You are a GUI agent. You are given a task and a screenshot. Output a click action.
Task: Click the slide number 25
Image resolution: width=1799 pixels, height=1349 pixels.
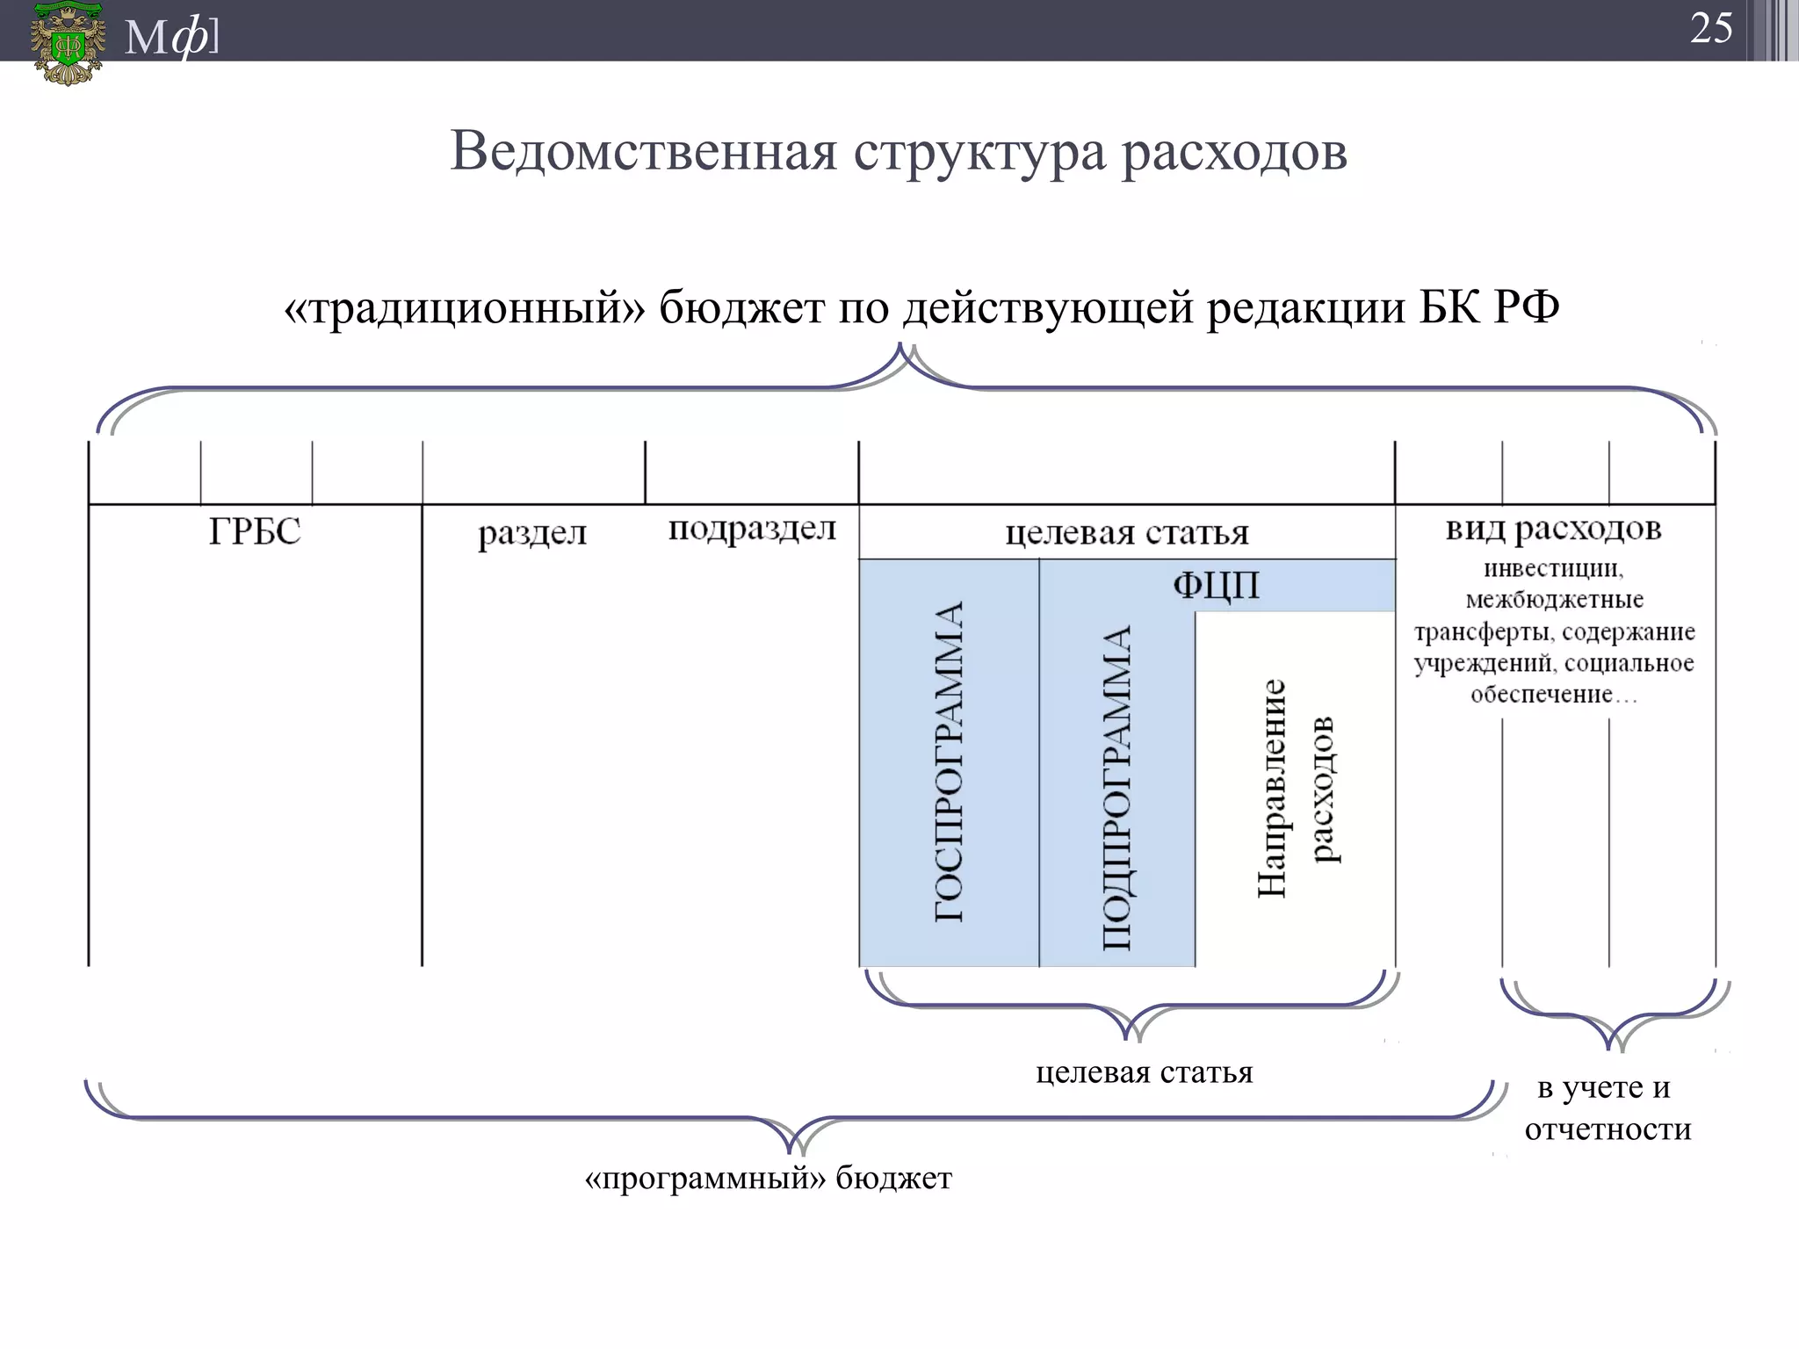[1710, 29]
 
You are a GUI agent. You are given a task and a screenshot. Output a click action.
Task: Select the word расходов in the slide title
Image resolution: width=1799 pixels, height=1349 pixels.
[1234, 151]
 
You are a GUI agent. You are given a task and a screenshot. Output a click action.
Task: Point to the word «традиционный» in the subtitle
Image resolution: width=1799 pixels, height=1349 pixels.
[465, 308]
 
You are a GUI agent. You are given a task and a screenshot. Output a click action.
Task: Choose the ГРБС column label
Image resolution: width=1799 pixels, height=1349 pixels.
[255, 532]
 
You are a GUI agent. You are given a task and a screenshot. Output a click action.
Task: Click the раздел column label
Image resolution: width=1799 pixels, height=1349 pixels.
[532, 533]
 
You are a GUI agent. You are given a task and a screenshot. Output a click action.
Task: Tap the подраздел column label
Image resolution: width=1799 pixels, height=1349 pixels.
[752, 530]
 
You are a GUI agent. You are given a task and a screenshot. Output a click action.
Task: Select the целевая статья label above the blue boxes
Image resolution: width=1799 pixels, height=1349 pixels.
[1127, 532]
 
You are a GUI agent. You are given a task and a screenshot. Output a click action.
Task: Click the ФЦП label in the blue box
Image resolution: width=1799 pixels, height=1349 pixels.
[1216, 585]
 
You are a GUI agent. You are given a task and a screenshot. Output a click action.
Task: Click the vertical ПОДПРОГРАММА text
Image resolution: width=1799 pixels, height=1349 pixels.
[1116, 788]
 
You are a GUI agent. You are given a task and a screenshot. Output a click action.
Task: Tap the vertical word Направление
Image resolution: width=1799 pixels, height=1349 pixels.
[1271, 788]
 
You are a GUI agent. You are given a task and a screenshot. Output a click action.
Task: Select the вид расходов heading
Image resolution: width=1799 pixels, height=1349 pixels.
[1553, 529]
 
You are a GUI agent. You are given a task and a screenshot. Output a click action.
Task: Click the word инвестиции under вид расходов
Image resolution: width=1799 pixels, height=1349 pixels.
[1553, 569]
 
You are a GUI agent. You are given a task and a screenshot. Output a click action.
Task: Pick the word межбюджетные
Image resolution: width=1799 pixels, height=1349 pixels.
[1554, 601]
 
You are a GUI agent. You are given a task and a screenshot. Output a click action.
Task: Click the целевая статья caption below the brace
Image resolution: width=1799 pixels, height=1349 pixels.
[1144, 1072]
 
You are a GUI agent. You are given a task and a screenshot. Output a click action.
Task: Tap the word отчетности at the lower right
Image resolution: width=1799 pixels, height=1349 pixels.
[1608, 1129]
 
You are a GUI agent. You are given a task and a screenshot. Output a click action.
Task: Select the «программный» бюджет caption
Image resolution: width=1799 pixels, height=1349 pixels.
[768, 1179]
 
